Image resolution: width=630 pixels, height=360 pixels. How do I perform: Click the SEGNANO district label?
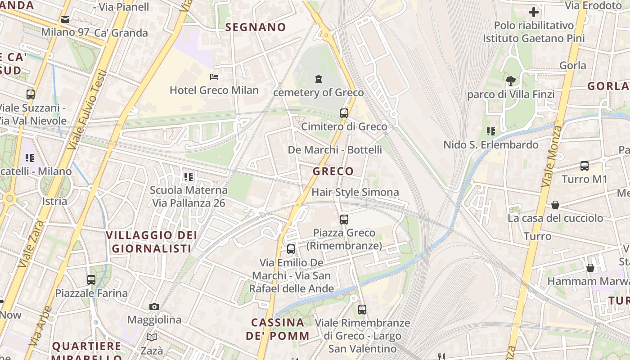pyautogui.click(x=255, y=27)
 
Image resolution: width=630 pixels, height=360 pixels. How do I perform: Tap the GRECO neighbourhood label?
pyautogui.click(x=333, y=171)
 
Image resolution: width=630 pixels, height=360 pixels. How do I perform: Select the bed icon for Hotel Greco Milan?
pyautogui.click(x=214, y=77)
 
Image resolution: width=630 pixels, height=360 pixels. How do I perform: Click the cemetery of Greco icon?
pyautogui.click(x=319, y=80)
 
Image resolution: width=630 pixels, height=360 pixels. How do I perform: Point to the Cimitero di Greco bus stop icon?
pyautogui.click(x=344, y=113)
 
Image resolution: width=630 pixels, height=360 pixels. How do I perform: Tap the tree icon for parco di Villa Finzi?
pyautogui.click(x=510, y=81)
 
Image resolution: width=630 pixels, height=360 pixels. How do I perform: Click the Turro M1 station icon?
pyautogui.click(x=584, y=166)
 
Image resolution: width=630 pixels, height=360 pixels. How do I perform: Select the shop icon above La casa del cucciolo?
pyautogui.click(x=555, y=205)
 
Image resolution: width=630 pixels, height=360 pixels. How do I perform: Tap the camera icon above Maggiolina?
pyautogui.click(x=154, y=306)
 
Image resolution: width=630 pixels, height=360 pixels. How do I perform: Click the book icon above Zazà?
pyautogui.click(x=152, y=337)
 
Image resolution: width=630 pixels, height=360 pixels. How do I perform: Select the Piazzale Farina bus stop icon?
pyautogui.click(x=91, y=280)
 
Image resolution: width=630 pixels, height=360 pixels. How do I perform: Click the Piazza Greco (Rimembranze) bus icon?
pyautogui.click(x=344, y=220)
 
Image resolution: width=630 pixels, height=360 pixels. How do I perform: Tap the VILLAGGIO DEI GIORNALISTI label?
pyautogui.click(x=151, y=242)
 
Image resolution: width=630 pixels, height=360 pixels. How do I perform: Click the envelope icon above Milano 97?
pyautogui.click(x=65, y=19)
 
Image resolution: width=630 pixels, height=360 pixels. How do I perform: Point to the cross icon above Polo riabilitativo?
pyautogui.click(x=534, y=12)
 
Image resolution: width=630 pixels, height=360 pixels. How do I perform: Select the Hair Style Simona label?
pyautogui.click(x=355, y=193)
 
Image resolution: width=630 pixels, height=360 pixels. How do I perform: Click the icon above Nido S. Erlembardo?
pyautogui.click(x=490, y=131)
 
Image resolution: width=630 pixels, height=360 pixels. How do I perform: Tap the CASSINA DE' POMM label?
pyautogui.click(x=278, y=329)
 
